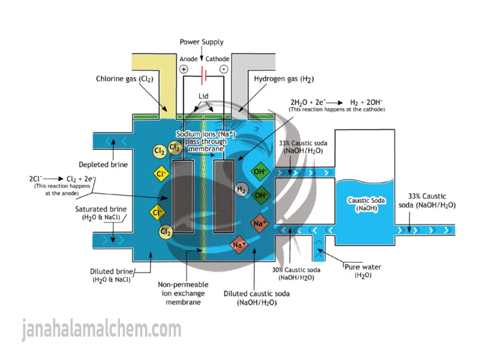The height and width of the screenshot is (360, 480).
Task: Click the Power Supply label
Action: point(202,42)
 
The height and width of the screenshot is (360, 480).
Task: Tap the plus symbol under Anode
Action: point(184,70)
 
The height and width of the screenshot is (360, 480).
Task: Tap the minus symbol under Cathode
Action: point(223,70)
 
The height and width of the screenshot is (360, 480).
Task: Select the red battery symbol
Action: point(204,77)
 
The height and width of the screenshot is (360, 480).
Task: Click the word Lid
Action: point(205,95)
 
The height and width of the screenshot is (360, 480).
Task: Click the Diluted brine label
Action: point(112,275)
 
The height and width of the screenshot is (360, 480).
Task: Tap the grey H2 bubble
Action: point(241,190)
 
